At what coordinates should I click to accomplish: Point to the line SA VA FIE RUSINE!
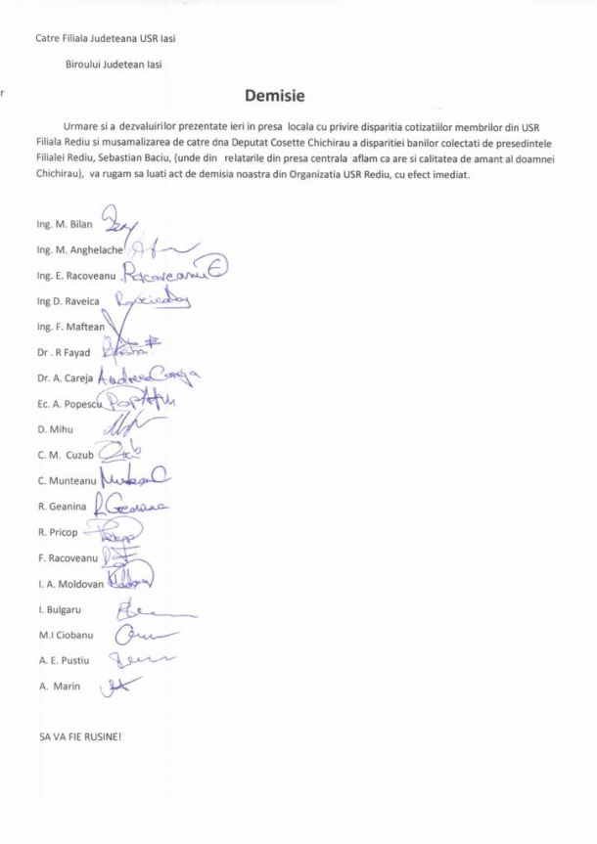(79, 736)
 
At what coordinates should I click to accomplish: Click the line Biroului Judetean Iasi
(114, 65)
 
